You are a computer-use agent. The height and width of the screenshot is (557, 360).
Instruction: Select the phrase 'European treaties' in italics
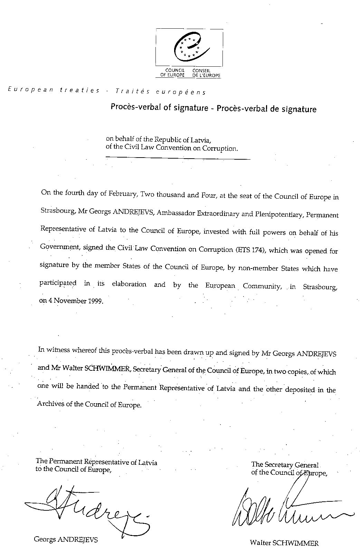pos(54,90)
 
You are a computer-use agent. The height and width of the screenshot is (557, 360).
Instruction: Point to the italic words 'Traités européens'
pos(161,92)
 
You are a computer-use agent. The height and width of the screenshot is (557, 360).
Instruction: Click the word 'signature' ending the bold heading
pos(300,110)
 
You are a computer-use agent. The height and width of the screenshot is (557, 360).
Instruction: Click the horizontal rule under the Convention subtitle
pos(178,158)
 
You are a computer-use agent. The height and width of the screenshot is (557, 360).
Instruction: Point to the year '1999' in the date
pos(96,301)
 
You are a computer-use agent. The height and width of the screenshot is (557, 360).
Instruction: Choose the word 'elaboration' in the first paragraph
pos(129,284)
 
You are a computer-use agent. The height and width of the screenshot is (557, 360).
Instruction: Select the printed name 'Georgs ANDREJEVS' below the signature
pos(66,539)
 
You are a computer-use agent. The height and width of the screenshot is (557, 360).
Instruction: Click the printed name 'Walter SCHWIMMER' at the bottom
pos(284,543)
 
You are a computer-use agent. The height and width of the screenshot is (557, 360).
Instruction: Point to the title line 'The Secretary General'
pos(285,465)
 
